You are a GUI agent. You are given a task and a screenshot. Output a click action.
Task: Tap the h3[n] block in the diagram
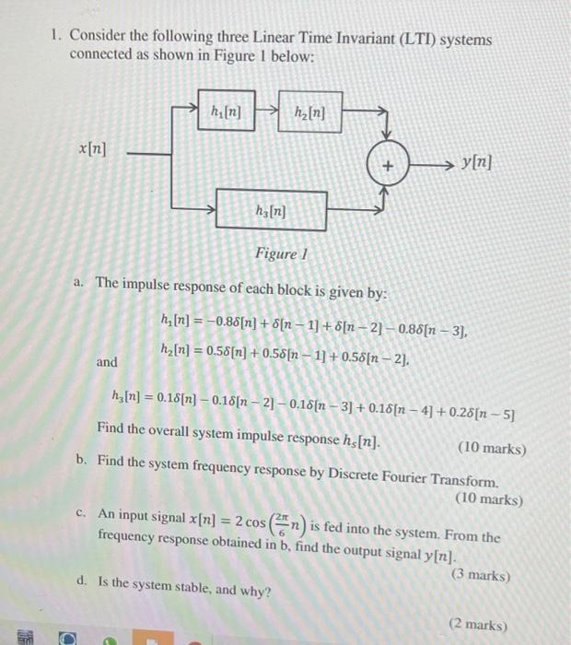(271, 210)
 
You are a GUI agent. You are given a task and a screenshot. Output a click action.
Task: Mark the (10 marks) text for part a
(492, 450)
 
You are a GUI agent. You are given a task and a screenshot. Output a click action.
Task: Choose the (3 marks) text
(479, 575)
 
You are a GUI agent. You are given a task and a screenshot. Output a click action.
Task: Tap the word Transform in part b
(462, 482)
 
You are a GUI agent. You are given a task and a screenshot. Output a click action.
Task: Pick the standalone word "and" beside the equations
(110, 362)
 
